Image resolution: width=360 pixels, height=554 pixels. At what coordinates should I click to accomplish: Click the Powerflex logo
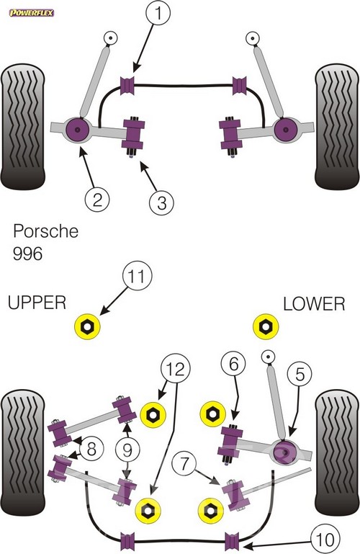click(32, 14)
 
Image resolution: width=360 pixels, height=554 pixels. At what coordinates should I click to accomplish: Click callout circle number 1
click(158, 13)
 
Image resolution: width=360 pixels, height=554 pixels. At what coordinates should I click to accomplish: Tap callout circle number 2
click(97, 200)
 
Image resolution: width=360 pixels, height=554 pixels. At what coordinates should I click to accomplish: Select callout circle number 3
click(161, 202)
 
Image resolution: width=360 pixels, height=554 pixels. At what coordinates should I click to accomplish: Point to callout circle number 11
click(137, 277)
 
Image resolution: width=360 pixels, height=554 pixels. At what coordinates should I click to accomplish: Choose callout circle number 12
click(176, 368)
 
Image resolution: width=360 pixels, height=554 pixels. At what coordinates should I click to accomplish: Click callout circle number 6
click(234, 364)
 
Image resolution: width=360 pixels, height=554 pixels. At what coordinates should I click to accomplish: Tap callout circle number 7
click(184, 463)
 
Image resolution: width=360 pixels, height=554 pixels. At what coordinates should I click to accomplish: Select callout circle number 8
click(91, 449)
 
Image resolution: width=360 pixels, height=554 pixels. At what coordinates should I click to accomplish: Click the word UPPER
click(37, 303)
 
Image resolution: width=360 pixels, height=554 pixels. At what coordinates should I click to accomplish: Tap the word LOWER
click(314, 304)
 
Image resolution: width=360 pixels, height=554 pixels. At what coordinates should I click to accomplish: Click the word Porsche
click(45, 231)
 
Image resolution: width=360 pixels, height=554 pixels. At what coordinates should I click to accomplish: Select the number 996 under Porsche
click(27, 254)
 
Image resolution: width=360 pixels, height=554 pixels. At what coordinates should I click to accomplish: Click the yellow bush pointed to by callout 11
click(88, 326)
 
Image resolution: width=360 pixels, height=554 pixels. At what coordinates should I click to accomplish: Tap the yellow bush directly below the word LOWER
click(266, 326)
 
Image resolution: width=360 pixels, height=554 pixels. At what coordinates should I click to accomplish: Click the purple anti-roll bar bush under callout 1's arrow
click(127, 85)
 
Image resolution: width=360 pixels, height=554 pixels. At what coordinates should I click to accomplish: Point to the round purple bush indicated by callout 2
click(78, 130)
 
